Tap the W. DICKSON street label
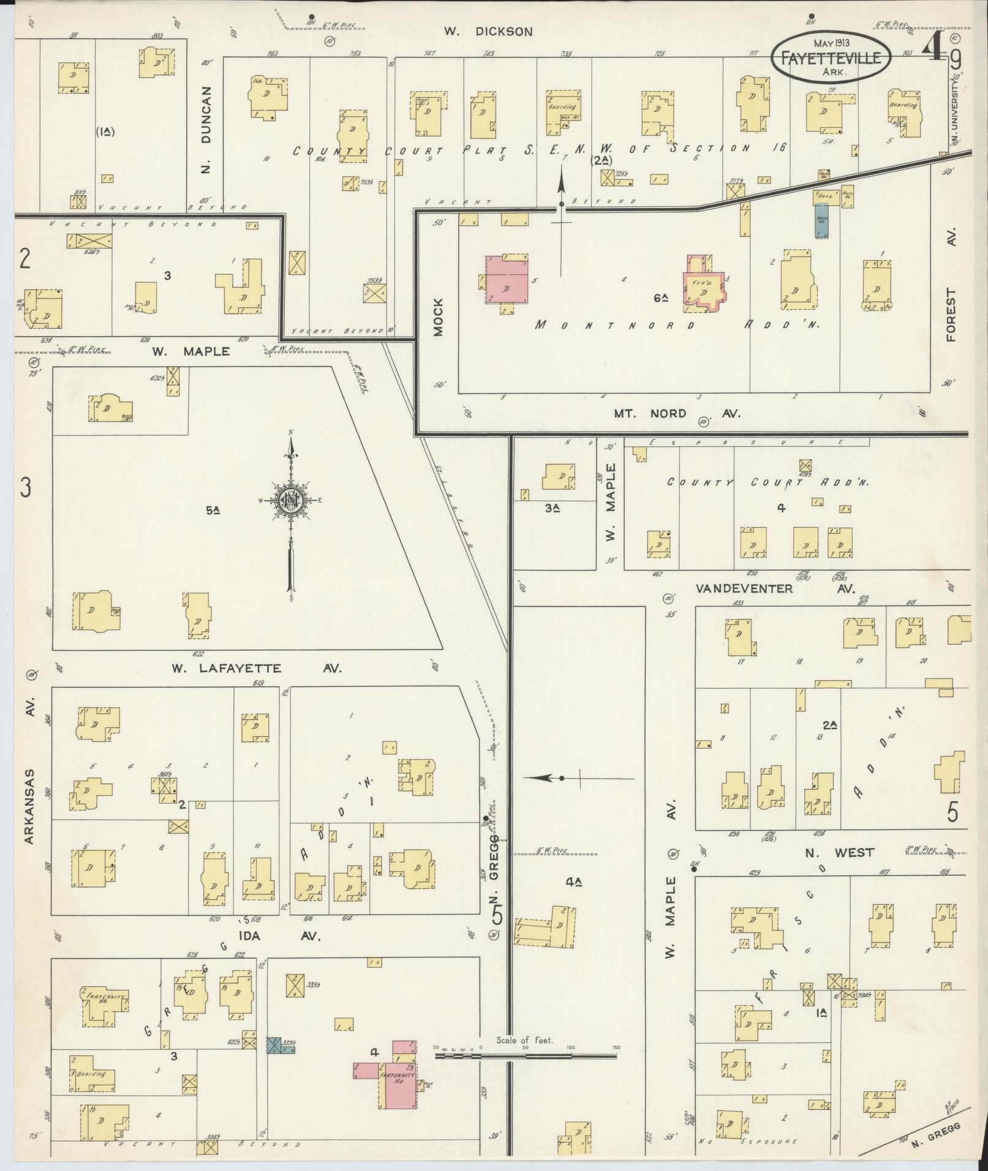(488, 31)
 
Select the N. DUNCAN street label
(206, 130)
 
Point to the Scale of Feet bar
(525, 1056)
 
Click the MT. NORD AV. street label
(677, 413)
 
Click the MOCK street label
(437, 317)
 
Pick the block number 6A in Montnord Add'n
(660, 298)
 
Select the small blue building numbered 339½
(274, 1045)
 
